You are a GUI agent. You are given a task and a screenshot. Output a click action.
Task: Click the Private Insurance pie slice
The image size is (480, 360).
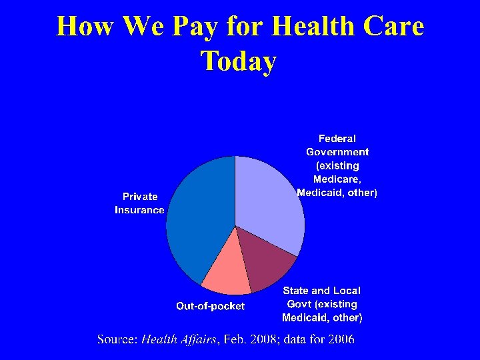click(197, 220)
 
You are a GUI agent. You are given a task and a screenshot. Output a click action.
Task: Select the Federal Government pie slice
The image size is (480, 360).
click(270, 200)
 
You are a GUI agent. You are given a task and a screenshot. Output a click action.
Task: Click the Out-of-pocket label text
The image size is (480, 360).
click(210, 306)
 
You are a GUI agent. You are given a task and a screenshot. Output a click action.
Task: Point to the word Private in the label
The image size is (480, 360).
click(140, 197)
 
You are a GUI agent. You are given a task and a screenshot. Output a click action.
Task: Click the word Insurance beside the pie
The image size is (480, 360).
click(139, 210)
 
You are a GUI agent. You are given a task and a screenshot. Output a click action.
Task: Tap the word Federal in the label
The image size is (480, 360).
click(337, 139)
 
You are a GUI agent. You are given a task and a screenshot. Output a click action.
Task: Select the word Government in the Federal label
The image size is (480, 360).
click(337, 152)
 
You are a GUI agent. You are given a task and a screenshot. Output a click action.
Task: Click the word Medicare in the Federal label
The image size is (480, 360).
click(337, 179)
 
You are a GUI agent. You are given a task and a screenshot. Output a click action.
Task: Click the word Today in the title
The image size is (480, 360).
click(238, 61)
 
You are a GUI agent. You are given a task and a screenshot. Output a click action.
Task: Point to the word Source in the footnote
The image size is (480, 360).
click(117, 339)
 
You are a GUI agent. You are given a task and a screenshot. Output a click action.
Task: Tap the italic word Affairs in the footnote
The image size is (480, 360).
click(197, 339)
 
